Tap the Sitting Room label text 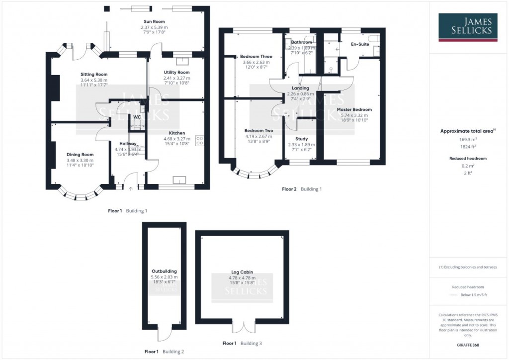pyautogui.click(x=94, y=75)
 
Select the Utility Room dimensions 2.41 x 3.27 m pyautogui.click(x=177, y=78)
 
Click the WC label pyautogui.click(x=137, y=117)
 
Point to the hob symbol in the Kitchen pyautogui.click(x=200, y=141)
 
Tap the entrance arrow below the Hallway pyautogui.click(x=131, y=188)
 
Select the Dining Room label pyautogui.click(x=80, y=155)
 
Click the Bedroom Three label pyautogui.click(x=256, y=57)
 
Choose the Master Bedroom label pyautogui.click(x=354, y=109)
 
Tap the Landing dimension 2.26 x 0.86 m pyautogui.click(x=300, y=93)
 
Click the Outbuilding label pyautogui.click(x=164, y=271)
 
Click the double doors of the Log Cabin pyautogui.click(x=243, y=327)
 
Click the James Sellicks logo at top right pyautogui.click(x=468, y=27)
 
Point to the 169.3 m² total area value pyautogui.click(x=468, y=140)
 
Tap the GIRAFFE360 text pyautogui.click(x=468, y=345)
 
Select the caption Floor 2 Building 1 pyautogui.click(x=302, y=189)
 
